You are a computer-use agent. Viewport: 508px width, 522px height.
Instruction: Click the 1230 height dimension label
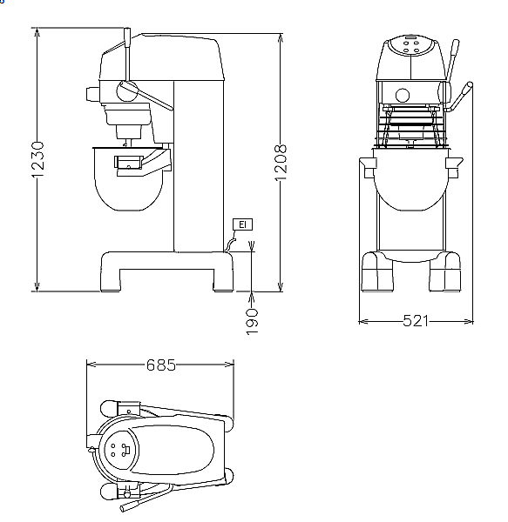point(38,160)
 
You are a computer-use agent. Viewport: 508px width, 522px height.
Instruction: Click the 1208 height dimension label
point(281,164)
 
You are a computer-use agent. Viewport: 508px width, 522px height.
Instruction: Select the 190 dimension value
point(253,322)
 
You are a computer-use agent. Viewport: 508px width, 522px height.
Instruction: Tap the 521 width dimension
point(415,321)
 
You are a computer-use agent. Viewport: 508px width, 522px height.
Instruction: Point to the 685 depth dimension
point(160,365)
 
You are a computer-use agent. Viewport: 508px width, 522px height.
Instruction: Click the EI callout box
point(242,224)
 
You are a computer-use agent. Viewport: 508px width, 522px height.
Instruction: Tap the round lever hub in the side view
point(127,90)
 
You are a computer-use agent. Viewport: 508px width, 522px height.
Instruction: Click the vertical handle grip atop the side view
point(127,37)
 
